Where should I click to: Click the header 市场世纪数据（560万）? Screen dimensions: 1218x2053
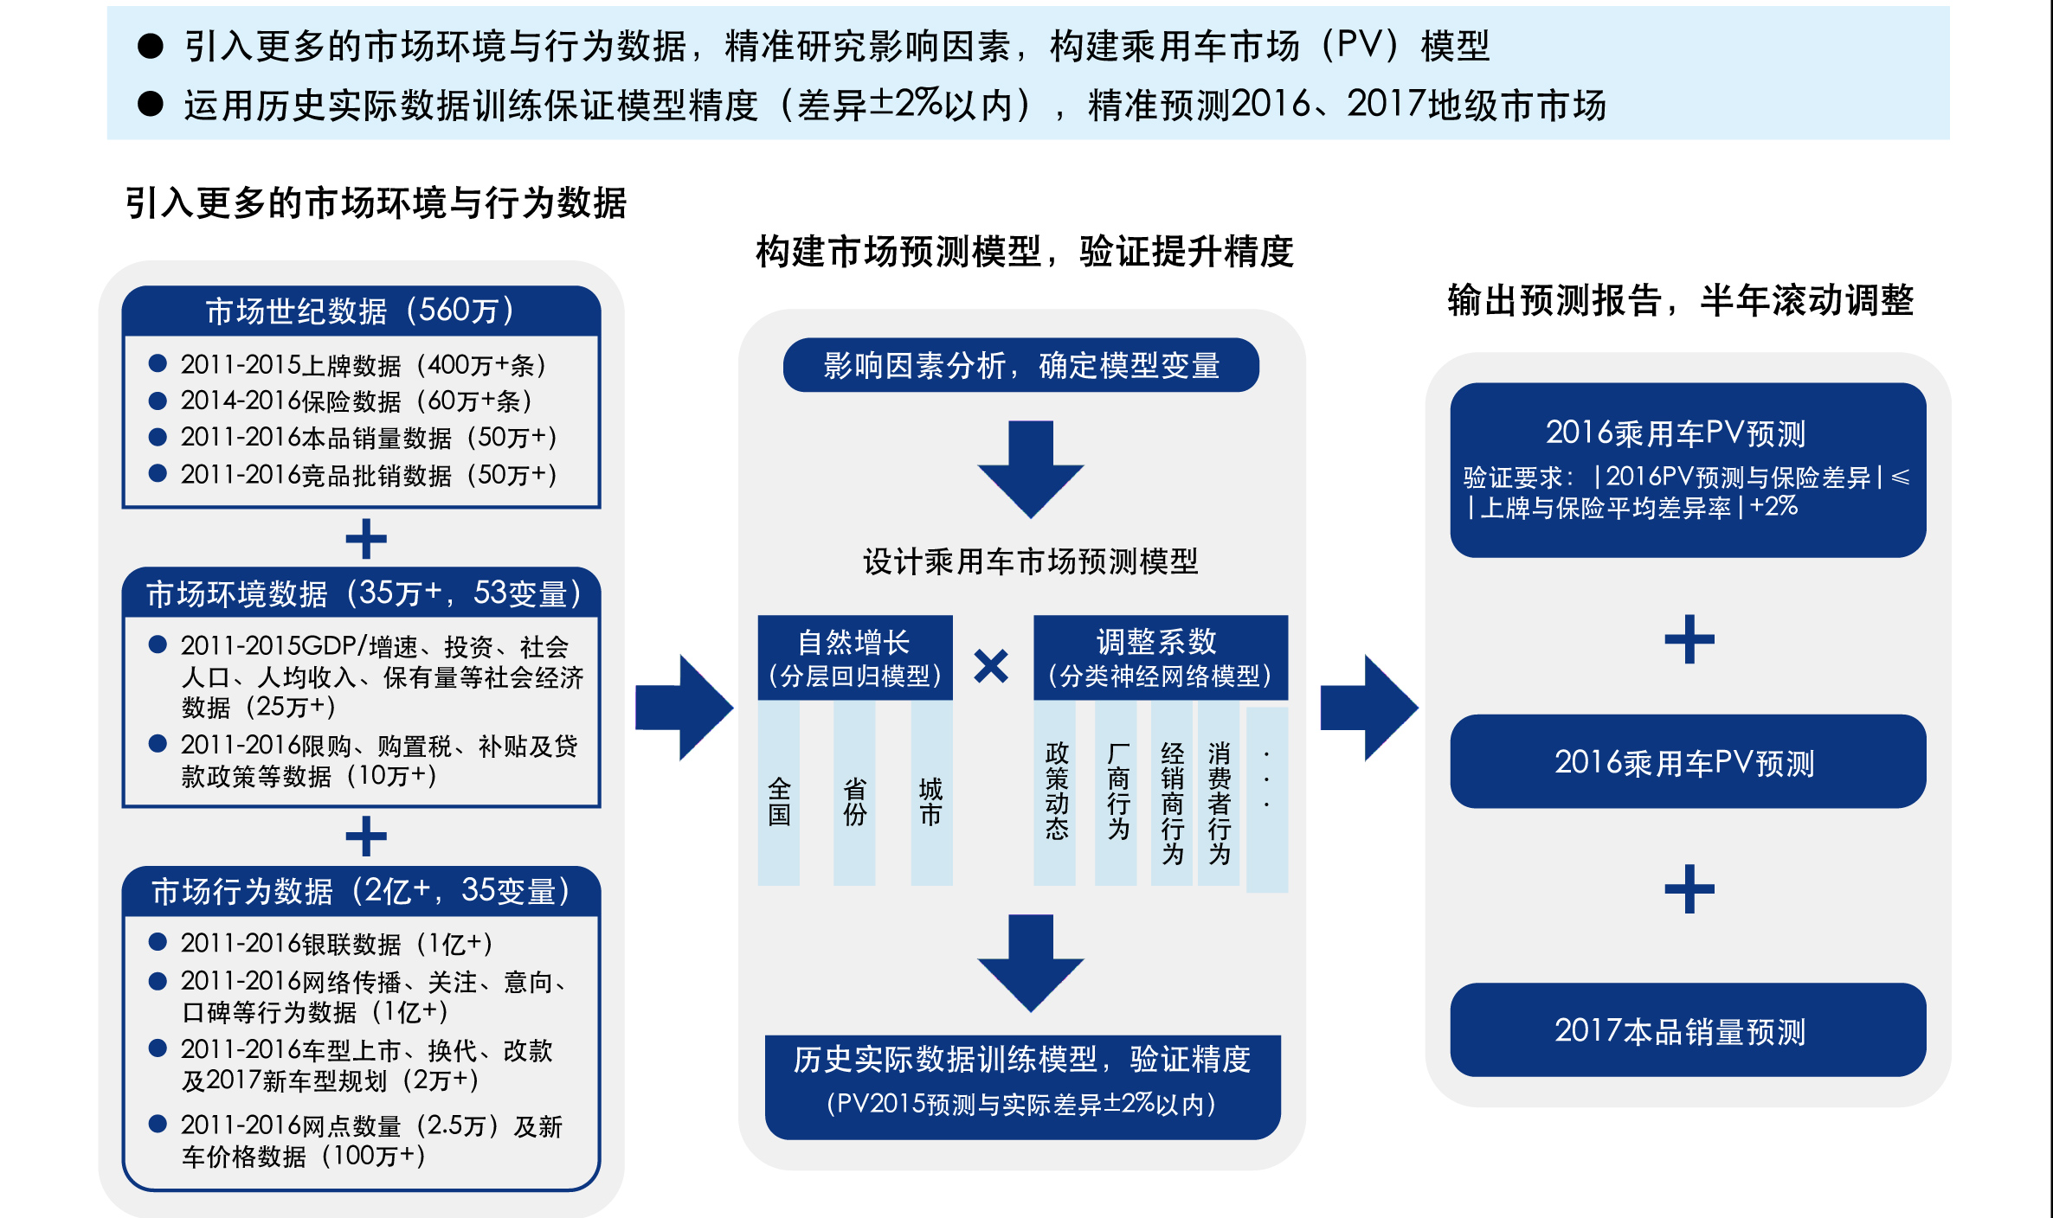(361, 311)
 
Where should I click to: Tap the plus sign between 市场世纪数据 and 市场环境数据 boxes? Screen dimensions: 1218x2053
(365, 539)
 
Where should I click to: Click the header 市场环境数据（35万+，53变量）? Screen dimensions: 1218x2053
(361, 593)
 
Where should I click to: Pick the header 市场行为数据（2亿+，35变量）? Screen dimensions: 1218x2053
(361, 891)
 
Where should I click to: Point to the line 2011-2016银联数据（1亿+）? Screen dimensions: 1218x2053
(336, 944)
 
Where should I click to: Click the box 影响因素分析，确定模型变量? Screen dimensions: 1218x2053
(1020, 365)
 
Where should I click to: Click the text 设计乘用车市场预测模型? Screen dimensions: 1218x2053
(1030, 561)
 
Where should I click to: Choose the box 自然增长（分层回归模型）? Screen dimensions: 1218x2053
(854, 657)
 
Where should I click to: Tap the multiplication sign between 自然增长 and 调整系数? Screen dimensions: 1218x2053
(991, 666)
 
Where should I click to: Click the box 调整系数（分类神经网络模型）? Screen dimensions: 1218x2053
(1160, 657)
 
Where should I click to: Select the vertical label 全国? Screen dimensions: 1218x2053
(779, 802)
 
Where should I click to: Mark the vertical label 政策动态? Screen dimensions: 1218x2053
(1056, 791)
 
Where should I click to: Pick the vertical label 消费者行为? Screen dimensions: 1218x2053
(1219, 802)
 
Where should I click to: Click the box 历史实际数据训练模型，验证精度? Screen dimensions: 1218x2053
(1022, 1086)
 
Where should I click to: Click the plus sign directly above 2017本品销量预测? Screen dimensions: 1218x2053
(1689, 888)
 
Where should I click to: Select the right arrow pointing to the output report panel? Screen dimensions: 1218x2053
(1368, 708)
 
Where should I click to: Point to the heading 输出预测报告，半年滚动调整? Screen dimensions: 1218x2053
(1680, 300)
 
